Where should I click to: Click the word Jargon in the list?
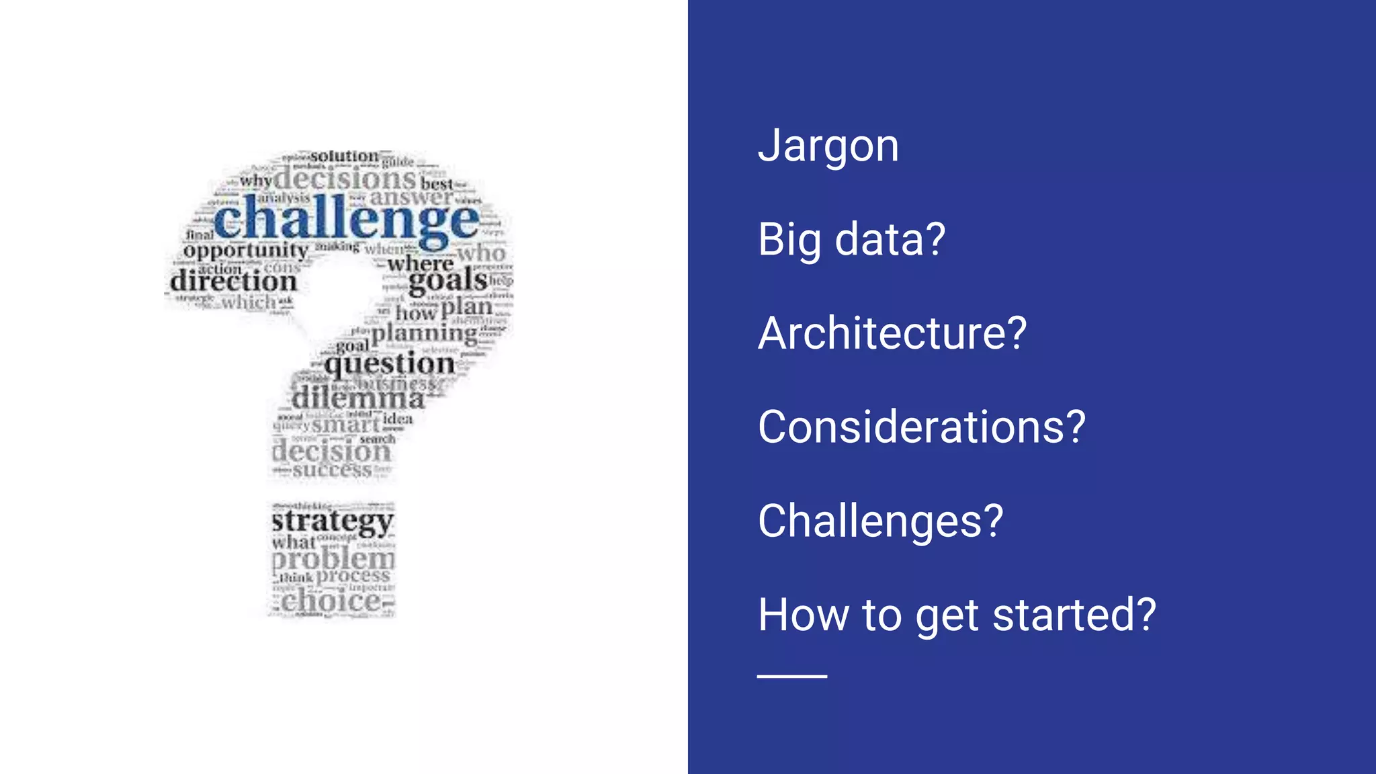coord(828,146)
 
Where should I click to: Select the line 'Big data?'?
coord(851,240)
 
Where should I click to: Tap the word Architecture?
coord(892,333)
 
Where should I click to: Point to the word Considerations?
coord(921,427)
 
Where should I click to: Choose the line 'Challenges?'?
coord(880,521)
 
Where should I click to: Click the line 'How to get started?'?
coord(957,615)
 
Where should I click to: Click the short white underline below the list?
coord(791,676)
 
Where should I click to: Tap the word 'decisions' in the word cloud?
coord(345,179)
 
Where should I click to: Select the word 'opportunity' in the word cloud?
coord(245,251)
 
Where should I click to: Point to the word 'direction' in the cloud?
coord(233,281)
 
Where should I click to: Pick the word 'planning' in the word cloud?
coord(425,333)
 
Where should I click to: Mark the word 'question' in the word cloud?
coord(390,365)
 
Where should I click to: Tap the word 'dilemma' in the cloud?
coord(358,399)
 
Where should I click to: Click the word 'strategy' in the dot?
coord(332,522)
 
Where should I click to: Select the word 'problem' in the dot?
coord(333,558)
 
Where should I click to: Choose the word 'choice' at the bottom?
coord(331,601)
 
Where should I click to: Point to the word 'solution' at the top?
coord(345,157)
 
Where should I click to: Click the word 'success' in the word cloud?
coord(332,470)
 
